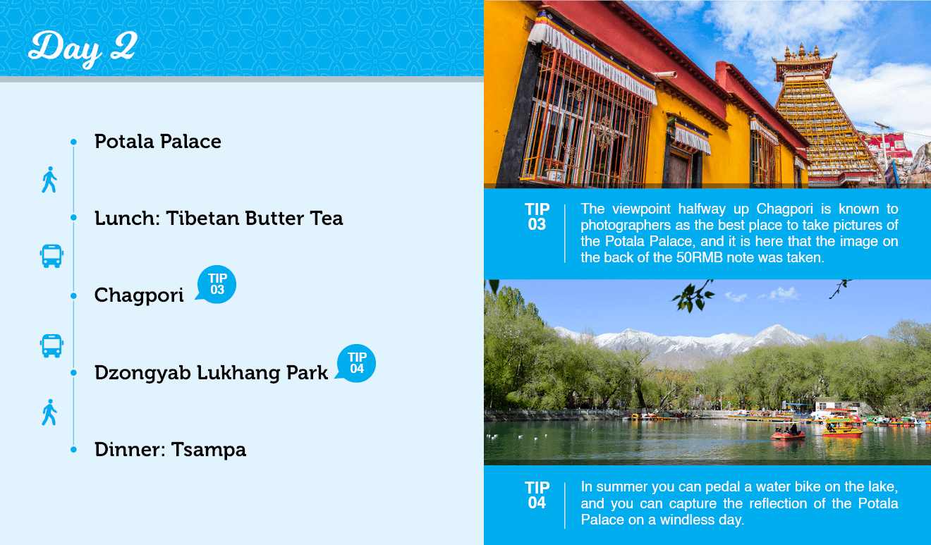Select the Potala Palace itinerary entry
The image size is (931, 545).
tap(157, 142)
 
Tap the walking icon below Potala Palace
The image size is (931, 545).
tap(49, 180)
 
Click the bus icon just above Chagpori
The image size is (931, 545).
tap(51, 256)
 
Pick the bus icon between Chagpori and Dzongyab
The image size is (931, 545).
tap(51, 345)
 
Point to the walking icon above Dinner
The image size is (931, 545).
tap(49, 412)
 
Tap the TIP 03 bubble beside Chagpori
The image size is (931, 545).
tap(217, 284)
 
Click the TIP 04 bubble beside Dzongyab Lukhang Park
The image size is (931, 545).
tap(356, 364)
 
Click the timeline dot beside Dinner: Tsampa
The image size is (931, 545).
tap(73, 449)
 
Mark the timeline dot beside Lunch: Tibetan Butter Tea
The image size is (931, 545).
tap(73, 217)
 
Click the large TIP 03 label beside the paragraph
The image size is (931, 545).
tap(537, 216)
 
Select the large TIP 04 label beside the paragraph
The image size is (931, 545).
tap(537, 495)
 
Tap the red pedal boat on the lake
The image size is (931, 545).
tap(788, 434)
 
